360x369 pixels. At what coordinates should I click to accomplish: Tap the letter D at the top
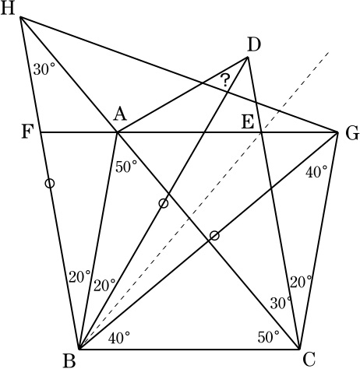[254, 46]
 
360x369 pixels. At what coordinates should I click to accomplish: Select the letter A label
[120, 114]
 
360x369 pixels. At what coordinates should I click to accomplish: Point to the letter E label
[248, 122]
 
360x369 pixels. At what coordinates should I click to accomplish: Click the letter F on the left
[26, 132]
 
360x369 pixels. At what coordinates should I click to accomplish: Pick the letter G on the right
[352, 134]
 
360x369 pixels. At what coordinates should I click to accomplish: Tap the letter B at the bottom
[69, 361]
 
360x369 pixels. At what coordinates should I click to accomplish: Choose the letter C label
[309, 359]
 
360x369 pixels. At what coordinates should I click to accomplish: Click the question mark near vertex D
[225, 80]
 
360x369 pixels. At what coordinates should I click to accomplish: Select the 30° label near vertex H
[44, 69]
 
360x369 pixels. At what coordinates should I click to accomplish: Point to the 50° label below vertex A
[126, 167]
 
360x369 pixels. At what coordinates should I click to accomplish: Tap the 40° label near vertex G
[316, 172]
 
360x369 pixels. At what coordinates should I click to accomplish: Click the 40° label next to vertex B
[119, 338]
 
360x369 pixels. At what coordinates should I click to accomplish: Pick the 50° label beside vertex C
[269, 337]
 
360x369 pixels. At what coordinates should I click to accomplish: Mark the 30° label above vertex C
[281, 303]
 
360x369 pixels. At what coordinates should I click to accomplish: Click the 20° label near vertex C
[301, 282]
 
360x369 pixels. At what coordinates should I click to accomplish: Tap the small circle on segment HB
[50, 183]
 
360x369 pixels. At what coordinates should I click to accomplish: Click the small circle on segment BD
[163, 203]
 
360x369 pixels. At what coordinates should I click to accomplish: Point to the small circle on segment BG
[214, 236]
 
